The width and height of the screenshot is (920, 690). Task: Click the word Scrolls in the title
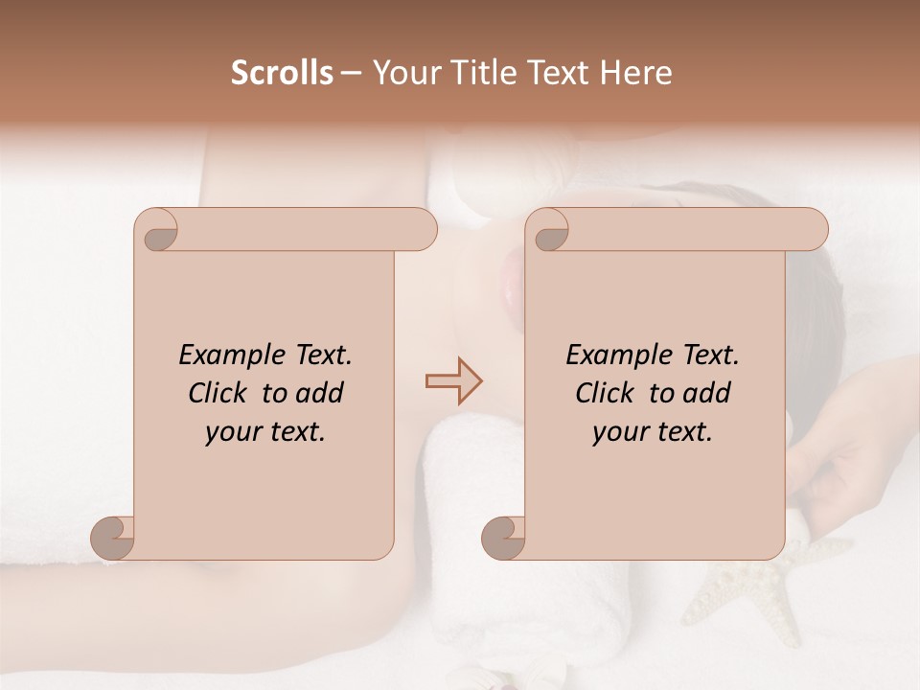point(282,73)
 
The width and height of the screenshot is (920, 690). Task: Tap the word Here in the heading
point(634,73)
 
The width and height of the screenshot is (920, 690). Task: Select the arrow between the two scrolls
point(454,381)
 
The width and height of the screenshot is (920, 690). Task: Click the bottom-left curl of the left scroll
point(113,539)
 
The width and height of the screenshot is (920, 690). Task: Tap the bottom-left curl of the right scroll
point(503,539)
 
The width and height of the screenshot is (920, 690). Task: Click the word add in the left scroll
point(321,393)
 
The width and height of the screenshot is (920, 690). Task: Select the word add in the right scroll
point(708,393)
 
